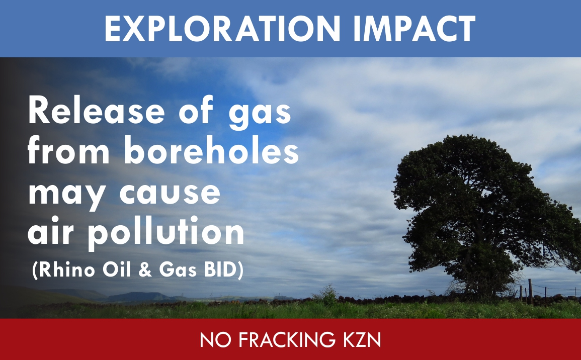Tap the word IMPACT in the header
coord(414,29)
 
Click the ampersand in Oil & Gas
coord(145,270)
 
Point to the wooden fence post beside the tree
coord(530,292)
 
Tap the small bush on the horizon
coord(325,295)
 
